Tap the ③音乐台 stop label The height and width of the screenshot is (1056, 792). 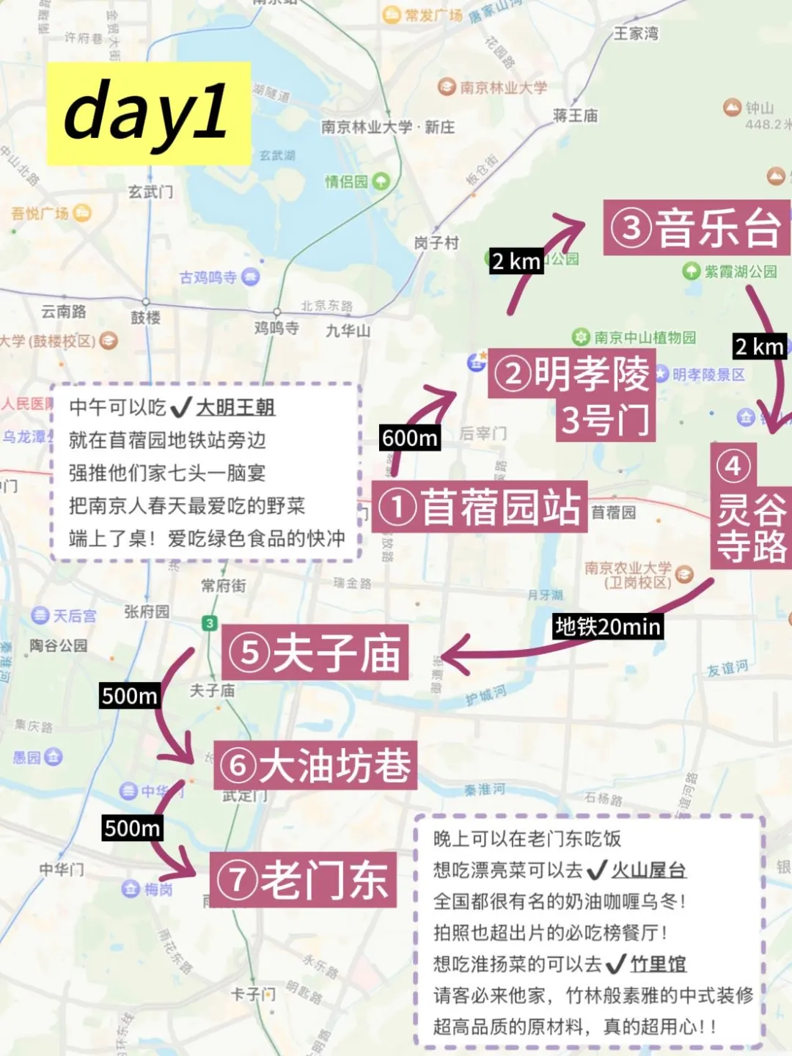pyautogui.click(x=697, y=228)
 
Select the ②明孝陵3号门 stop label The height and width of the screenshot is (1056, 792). pyautogui.click(x=572, y=396)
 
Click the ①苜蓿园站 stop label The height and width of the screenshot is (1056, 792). pyautogui.click(x=480, y=507)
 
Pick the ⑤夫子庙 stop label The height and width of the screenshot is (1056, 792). pyautogui.click(x=315, y=653)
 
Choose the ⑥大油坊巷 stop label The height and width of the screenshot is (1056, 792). pyautogui.click(x=315, y=765)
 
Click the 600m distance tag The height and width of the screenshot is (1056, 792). pyautogui.click(x=410, y=438)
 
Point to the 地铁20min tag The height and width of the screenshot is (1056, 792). pyautogui.click(x=608, y=626)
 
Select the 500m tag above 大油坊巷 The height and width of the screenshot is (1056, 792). pyautogui.click(x=130, y=695)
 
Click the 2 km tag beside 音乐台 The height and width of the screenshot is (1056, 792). pyautogui.click(x=516, y=261)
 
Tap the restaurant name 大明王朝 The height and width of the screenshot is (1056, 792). pyautogui.click(x=235, y=407)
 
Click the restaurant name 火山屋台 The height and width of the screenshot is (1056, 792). pyautogui.click(x=648, y=870)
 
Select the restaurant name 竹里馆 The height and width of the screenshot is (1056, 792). pyautogui.click(x=658, y=964)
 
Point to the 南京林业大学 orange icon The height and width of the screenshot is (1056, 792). pyautogui.click(x=447, y=87)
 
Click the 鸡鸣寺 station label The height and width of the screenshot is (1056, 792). pyautogui.click(x=276, y=328)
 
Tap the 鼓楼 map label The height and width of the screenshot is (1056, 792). pyautogui.click(x=146, y=318)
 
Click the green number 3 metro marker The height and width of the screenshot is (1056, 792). pyautogui.click(x=210, y=623)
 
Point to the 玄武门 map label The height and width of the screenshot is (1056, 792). pyautogui.click(x=151, y=192)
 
